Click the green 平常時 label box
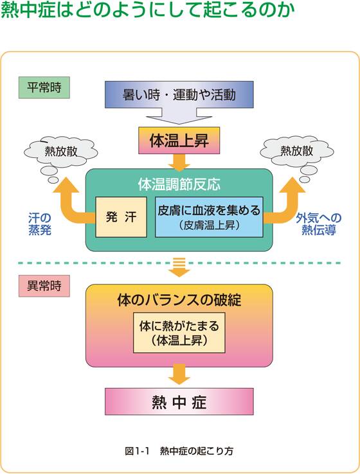tap(44, 87)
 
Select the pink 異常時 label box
tap(44, 286)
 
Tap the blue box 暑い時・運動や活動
tap(179, 94)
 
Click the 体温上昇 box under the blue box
tap(179, 141)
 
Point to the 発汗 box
tap(122, 216)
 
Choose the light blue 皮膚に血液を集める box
tap(209, 216)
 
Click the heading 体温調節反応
tap(179, 184)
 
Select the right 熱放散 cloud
tap(297, 153)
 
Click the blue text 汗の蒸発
tap(40, 224)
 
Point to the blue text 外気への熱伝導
tap(319, 224)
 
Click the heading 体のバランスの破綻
tap(179, 300)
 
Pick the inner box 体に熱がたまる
tap(179, 333)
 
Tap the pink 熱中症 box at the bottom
tap(179, 401)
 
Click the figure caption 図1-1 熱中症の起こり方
tap(179, 451)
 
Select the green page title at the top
tap(148, 10)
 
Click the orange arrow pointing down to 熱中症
tap(179, 374)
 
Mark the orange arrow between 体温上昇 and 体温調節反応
tap(179, 162)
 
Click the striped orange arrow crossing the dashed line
tap(179, 267)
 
